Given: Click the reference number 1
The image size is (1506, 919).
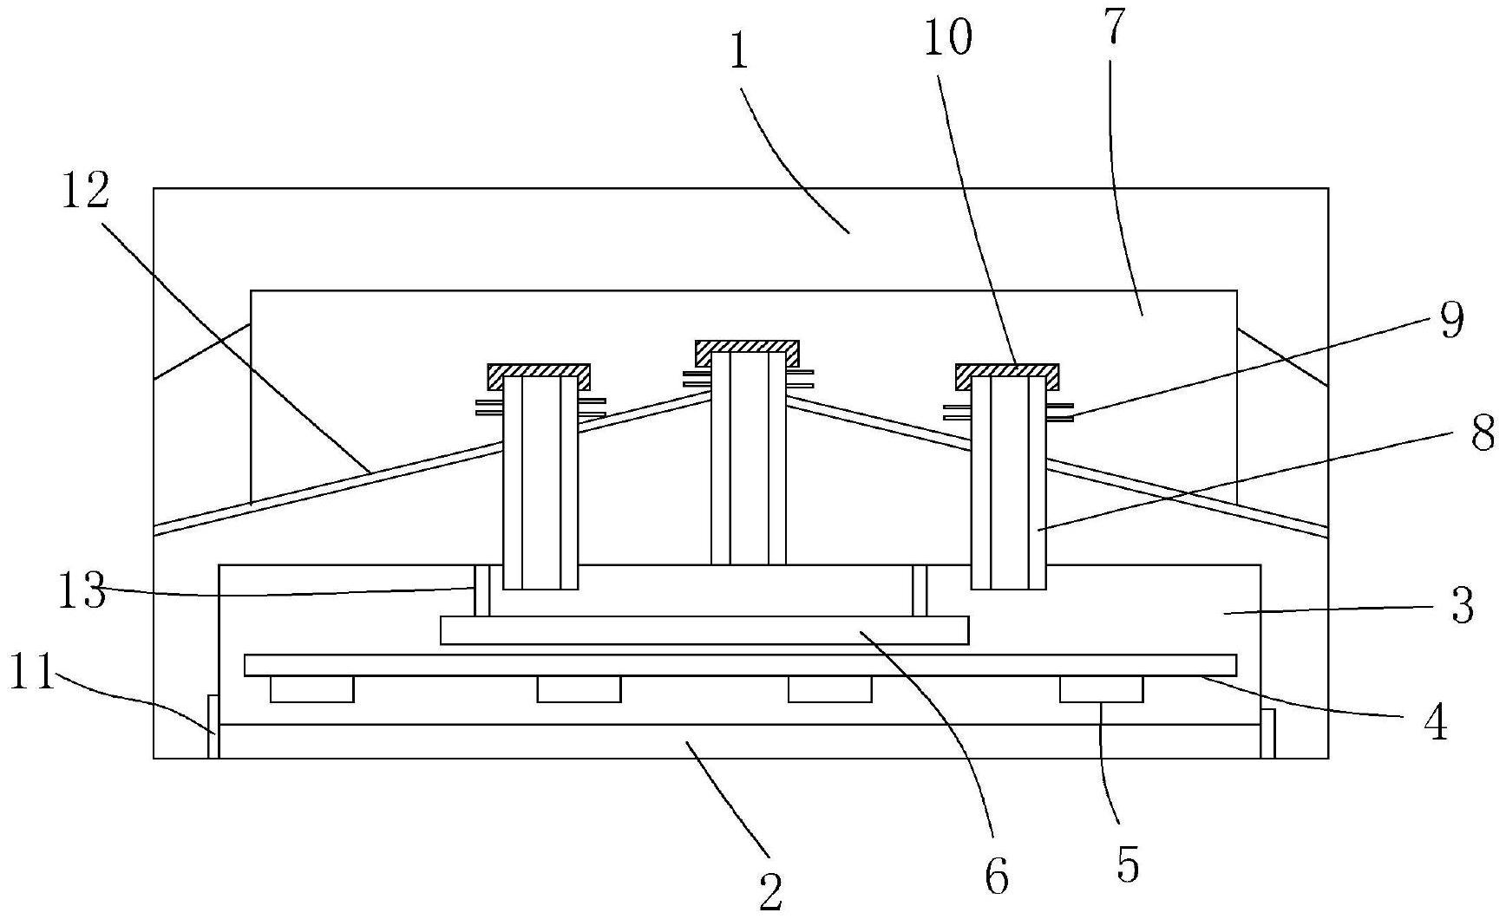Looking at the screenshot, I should [x=738, y=54].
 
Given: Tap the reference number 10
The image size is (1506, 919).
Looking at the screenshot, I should [x=948, y=38].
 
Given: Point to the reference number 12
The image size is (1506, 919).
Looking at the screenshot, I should [x=85, y=191].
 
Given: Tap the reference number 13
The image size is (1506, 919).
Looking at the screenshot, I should [x=82, y=593].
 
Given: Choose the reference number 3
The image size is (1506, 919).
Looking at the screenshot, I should [x=1462, y=606].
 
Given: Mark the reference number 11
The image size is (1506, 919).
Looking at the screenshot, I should [x=32, y=673].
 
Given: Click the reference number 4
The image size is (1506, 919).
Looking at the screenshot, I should [x=1437, y=721].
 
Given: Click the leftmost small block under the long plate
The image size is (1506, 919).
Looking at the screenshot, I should [x=312, y=689].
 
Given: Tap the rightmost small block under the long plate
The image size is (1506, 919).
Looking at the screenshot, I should [x=1101, y=689].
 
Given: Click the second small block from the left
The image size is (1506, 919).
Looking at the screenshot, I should [x=579, y=689].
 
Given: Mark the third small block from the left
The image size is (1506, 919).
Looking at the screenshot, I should [x=829, y=689].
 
